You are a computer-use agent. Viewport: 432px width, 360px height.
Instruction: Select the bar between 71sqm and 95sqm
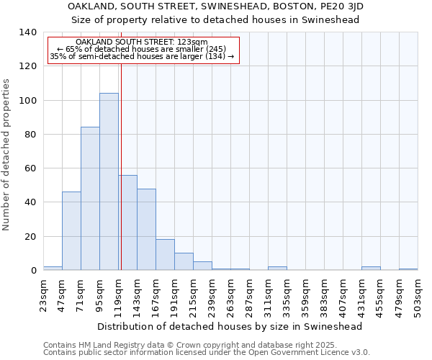90,199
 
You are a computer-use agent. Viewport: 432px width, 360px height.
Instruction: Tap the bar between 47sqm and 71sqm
71,230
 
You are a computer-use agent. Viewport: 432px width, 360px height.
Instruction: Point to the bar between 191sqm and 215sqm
184,261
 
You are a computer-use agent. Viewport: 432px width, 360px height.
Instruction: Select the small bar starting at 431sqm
371,268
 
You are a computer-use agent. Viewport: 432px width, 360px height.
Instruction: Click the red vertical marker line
121,166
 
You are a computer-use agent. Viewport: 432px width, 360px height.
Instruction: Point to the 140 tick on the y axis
28,32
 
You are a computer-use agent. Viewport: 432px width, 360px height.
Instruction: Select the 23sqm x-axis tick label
44,295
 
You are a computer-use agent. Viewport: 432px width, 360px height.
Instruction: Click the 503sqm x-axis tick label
418,295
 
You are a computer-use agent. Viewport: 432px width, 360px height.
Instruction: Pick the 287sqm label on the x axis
250,295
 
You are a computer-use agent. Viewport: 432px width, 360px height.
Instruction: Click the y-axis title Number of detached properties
6,151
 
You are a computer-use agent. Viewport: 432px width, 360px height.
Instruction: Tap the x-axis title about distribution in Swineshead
230,326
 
